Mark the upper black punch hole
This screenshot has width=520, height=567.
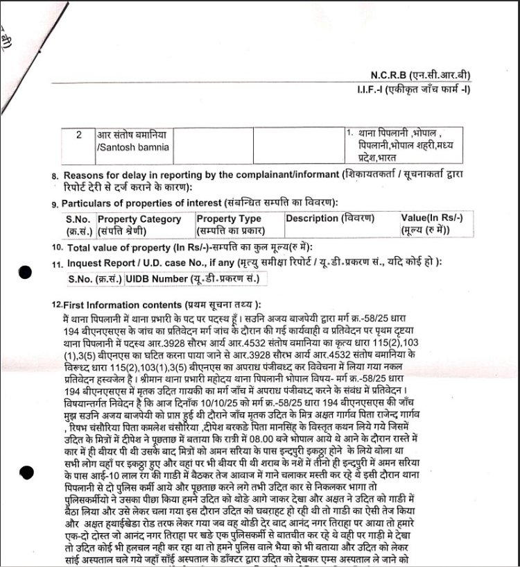pyautogui.click(x=25, y=273)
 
